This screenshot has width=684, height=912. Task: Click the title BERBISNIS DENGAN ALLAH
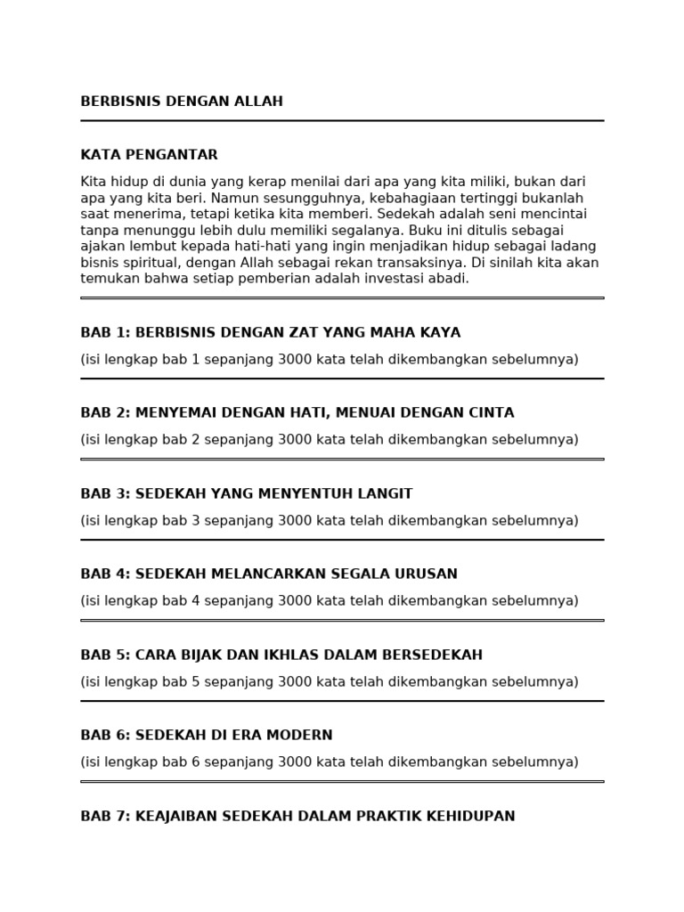pyautogui.click(x=182, y=102)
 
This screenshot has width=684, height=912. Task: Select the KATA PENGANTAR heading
pyautogui.click(x=149, y=155)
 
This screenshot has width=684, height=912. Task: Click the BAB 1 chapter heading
pyautogui.click(x=270, y=333)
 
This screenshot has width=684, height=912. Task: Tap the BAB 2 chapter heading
pyautogui.click(x=297, y=413)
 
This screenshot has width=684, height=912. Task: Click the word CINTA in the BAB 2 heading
pyautogui.click(x=492, y=413)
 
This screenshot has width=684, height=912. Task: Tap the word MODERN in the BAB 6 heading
pyautogui.click(x=301, y=736)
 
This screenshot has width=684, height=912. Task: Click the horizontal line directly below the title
pyautogui.click(x=342, y=120)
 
